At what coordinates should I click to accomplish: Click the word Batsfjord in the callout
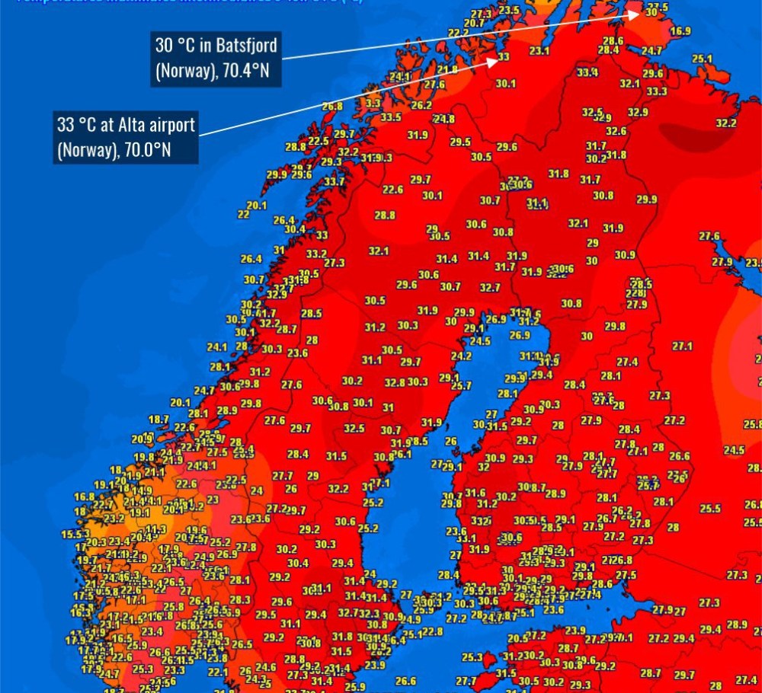[x=246, y=45]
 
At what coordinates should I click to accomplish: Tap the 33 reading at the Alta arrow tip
[x=504, y=57]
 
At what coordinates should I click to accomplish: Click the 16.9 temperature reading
[x=680, y=31]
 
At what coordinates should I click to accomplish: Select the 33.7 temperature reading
[x=334, y=182]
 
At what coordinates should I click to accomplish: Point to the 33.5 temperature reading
[x=391, y=117]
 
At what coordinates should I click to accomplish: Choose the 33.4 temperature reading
[x=587, y=73]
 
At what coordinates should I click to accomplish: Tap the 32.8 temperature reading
[x=395, y=382]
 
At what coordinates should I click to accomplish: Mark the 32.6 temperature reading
[x=616, y=131]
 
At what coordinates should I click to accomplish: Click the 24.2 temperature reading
[x=461, y=356]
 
